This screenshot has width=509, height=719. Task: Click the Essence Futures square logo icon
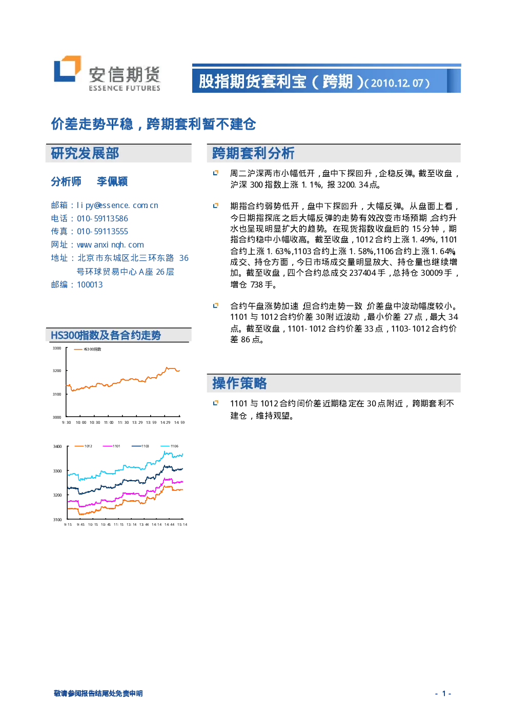[67, 69]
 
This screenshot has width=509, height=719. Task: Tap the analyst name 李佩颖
[112, 181]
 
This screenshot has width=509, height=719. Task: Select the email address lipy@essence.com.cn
[117, 206]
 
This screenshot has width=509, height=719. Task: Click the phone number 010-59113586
[103, 219]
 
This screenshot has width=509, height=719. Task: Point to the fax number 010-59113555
[103, 232]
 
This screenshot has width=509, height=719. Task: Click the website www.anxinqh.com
[111, 245]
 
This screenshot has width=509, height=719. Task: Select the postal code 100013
[90, 285]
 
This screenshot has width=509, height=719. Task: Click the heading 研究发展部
[85, 153]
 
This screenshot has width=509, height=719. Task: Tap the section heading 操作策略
[239, 383]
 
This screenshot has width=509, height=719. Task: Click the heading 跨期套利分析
[253, 153]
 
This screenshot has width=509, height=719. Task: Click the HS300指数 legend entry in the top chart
[87, 349]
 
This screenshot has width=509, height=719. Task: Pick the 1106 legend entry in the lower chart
[170, 446]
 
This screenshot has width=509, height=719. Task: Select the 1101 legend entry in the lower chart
[111, 446]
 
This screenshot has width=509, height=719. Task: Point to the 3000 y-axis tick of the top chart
[57, 417]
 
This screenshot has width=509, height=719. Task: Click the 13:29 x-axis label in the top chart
[137, 422]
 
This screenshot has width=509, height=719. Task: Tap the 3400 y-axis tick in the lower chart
[57, 446]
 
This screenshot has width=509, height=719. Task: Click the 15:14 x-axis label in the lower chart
[182, 524]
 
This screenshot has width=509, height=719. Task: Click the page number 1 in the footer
[444, 693]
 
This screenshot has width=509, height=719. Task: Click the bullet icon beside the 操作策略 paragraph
[216, 402]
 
